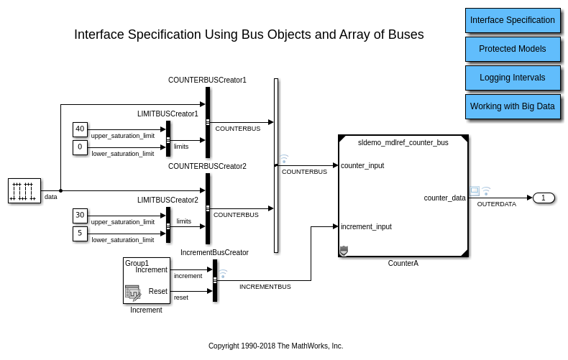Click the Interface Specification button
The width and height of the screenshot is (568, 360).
[x=513, y=20]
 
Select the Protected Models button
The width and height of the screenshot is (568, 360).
[x=513, y=49]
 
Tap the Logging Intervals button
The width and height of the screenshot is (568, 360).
[x=513, y=78]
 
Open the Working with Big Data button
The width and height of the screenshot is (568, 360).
[x=513, y=106]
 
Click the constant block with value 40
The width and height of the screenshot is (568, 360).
[x=80, y=129]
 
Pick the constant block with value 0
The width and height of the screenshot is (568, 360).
[x=80, y=147]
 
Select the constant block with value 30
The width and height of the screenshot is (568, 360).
[x=80, y=216]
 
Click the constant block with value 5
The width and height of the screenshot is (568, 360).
[x=80, y=234]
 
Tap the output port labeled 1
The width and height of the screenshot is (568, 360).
[x=544, y=198]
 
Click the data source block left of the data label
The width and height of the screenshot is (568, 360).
[x=24, y=190]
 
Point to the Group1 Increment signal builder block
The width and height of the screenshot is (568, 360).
[x=147, y=280]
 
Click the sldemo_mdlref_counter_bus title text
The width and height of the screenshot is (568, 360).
[x=403, y=143]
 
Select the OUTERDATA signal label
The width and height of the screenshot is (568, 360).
[x=497, y=204]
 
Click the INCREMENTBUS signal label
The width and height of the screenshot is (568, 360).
[x=265, y=286]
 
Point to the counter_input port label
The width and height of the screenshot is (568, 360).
[x=362, y=165]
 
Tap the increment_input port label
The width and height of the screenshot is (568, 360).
[x=366, y=226]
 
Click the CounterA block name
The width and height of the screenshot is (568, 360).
[x=403, y=264]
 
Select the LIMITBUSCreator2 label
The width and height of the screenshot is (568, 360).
[x=168, y=200]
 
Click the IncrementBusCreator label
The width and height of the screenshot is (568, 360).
[x=214, y=252]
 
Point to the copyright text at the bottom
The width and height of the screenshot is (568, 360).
[x=275, y=346]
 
